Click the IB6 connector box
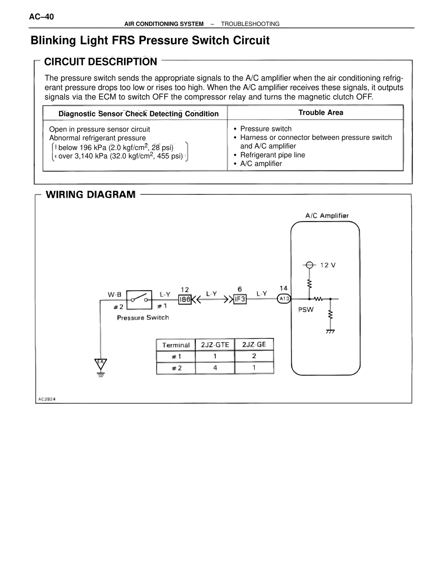click(185, 299)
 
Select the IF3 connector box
click(240, 299)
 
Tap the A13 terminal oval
click(284, 299)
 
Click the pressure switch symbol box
click(139, 299)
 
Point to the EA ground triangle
click(100, 363)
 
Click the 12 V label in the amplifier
click(328, 265)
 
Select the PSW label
click(306, 310)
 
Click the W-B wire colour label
click(114, 294)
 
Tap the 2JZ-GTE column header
click(215, 345)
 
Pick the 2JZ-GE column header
click(254, 345)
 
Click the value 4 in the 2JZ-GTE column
click(215, 368)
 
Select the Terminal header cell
click(176, 345)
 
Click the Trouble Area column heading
click(321, 113)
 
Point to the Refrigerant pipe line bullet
click(273, 155)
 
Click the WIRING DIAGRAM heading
click(91, 194)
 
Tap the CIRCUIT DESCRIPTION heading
click(101, 62)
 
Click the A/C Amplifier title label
click(327, 216)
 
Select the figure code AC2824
click(47, 399)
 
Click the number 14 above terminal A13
click(284, 288)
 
